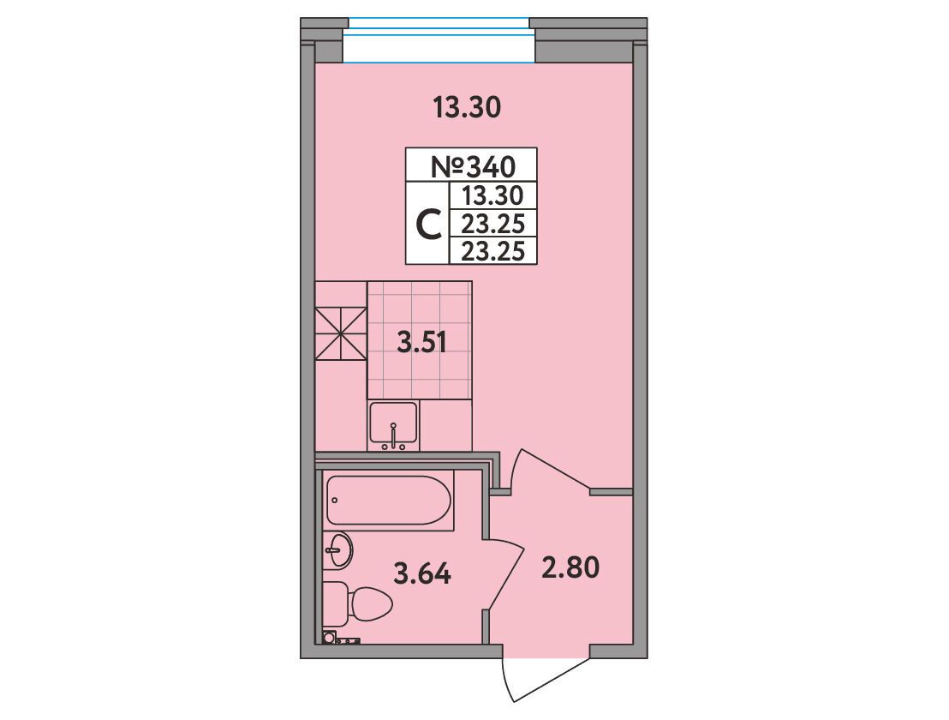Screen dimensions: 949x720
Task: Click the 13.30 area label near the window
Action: pos(467,108)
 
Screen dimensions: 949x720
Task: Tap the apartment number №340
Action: pos(473,166)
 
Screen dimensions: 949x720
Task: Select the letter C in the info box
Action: pos(429,224)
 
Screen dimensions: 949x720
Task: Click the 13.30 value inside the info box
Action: pos(492,195)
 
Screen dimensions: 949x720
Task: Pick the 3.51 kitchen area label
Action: pos(421,344)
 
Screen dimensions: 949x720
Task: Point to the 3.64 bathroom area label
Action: pos(422,573)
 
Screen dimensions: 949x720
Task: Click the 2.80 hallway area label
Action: pos(570,568)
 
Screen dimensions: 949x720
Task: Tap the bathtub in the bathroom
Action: pos(389,501)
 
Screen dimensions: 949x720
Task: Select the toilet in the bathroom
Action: pos(358,603)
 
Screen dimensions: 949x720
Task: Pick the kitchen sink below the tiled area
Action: pos(393,426)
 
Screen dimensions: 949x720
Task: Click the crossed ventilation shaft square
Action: pos(341,334)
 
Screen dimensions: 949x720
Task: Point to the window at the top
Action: pos(439,40)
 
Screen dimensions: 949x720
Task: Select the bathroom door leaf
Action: pos(503,573)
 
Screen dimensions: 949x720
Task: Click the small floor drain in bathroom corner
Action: pos(329,637)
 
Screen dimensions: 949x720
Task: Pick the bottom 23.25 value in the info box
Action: pos(492,250)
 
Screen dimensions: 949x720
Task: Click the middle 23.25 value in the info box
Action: pos(492,224)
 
